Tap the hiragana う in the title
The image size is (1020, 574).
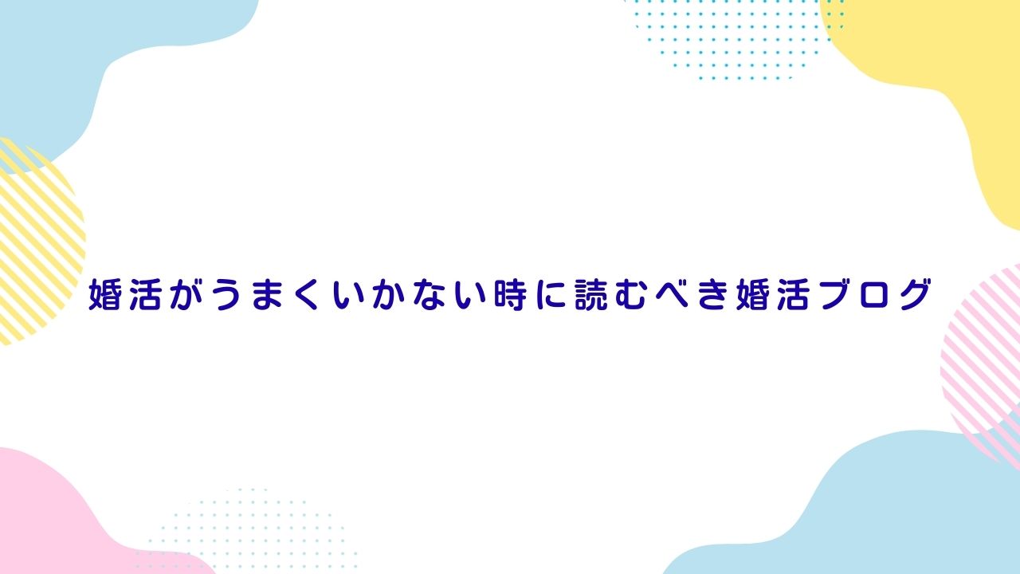click(229, 294)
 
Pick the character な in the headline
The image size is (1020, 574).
click(432, 294)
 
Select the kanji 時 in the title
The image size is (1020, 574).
click(509, 294)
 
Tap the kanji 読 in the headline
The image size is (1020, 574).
click(591, 294)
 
